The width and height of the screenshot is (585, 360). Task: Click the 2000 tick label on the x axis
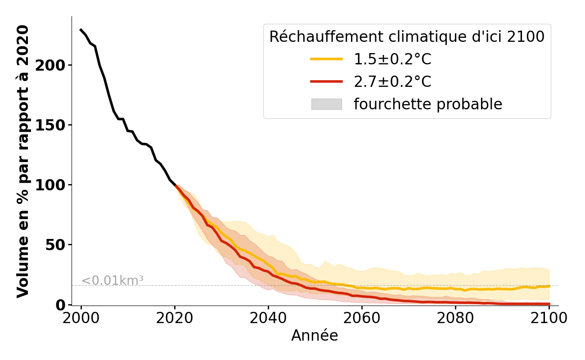(81, 318)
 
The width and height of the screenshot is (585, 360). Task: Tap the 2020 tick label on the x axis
(175, 318)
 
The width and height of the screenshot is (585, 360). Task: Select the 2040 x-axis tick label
(268, 318)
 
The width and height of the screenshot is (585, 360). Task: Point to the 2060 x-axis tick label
(362, 318)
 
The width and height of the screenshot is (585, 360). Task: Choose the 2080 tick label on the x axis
(455, 318)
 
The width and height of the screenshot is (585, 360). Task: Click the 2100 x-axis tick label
(549, 318)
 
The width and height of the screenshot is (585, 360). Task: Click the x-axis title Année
(315, 336)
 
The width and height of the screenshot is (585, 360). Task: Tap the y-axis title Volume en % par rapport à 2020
(23, 161)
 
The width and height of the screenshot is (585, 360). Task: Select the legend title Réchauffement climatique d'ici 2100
(407, 37)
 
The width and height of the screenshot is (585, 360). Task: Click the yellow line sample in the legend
(326, 59)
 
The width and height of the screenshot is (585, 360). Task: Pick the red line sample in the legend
(326, 81)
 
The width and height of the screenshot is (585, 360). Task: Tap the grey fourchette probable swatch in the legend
(326, 104)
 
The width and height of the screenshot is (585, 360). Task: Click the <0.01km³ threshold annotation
(112, 280)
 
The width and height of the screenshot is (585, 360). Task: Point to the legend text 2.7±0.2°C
(392, 81)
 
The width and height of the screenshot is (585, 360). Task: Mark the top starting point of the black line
(81, 30)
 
